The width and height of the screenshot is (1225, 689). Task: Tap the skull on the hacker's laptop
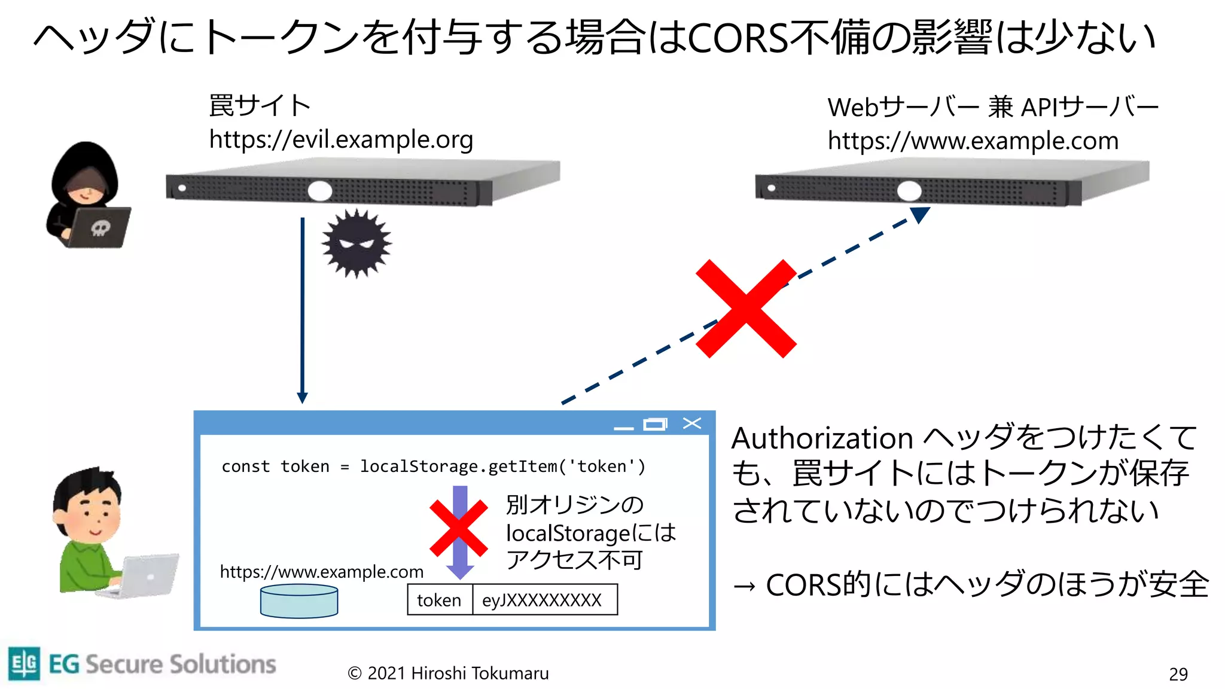[x=100, y=228]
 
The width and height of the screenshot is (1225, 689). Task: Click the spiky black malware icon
[x=356, y=243]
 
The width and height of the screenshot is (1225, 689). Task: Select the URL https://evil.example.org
[x=341, y=140]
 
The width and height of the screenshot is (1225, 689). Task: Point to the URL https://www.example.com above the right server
[x=973, y=141]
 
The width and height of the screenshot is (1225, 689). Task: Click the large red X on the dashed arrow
[x=746, y=309]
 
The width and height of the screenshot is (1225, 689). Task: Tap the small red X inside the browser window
[x=458, y=528]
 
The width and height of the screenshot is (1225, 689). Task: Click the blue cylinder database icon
[x=299, y=601]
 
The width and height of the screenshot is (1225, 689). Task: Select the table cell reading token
[x=440, y=600]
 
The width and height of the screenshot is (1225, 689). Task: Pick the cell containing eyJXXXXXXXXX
[x=542, y=600]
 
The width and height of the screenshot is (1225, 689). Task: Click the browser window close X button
[x=692, y=423]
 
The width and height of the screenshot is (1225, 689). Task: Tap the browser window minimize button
[x=623, y=427]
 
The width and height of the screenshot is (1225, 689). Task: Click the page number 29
[x=1178, y=674]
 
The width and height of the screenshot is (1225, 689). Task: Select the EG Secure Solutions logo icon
[x=25, y=663]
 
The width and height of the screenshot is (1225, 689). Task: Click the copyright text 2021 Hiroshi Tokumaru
[x=449, y=673]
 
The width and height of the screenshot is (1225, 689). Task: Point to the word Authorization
[x=822, y=438]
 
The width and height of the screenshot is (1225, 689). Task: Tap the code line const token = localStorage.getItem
[x=433, y=467]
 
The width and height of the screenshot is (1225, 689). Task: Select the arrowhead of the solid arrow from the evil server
[x=303, y=398]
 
